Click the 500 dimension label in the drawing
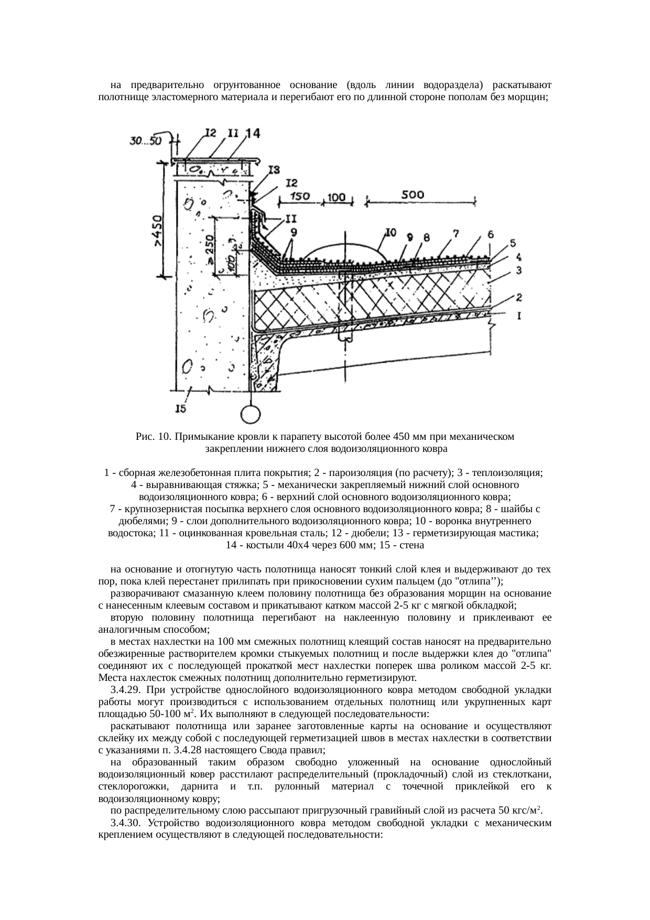pyautogui.click(x=413, y=194)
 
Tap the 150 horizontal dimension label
pyautogui.click(x=300, y=196)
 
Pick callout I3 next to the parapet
pyautogui.click(x=274, y=170)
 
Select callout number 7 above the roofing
pyautogui.click(x=456, y=232)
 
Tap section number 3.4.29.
pyautogui.click(x=126, y=689)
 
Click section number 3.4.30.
pyautogui.click(x=126, y=823)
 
